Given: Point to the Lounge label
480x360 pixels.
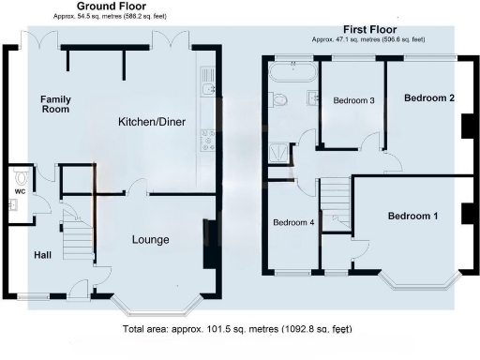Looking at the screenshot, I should (150, 240).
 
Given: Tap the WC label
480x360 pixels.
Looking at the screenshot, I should (19, 193).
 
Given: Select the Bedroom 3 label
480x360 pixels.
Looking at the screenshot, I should (353, 101).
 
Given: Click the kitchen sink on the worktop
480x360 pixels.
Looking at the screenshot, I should (207, 89).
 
